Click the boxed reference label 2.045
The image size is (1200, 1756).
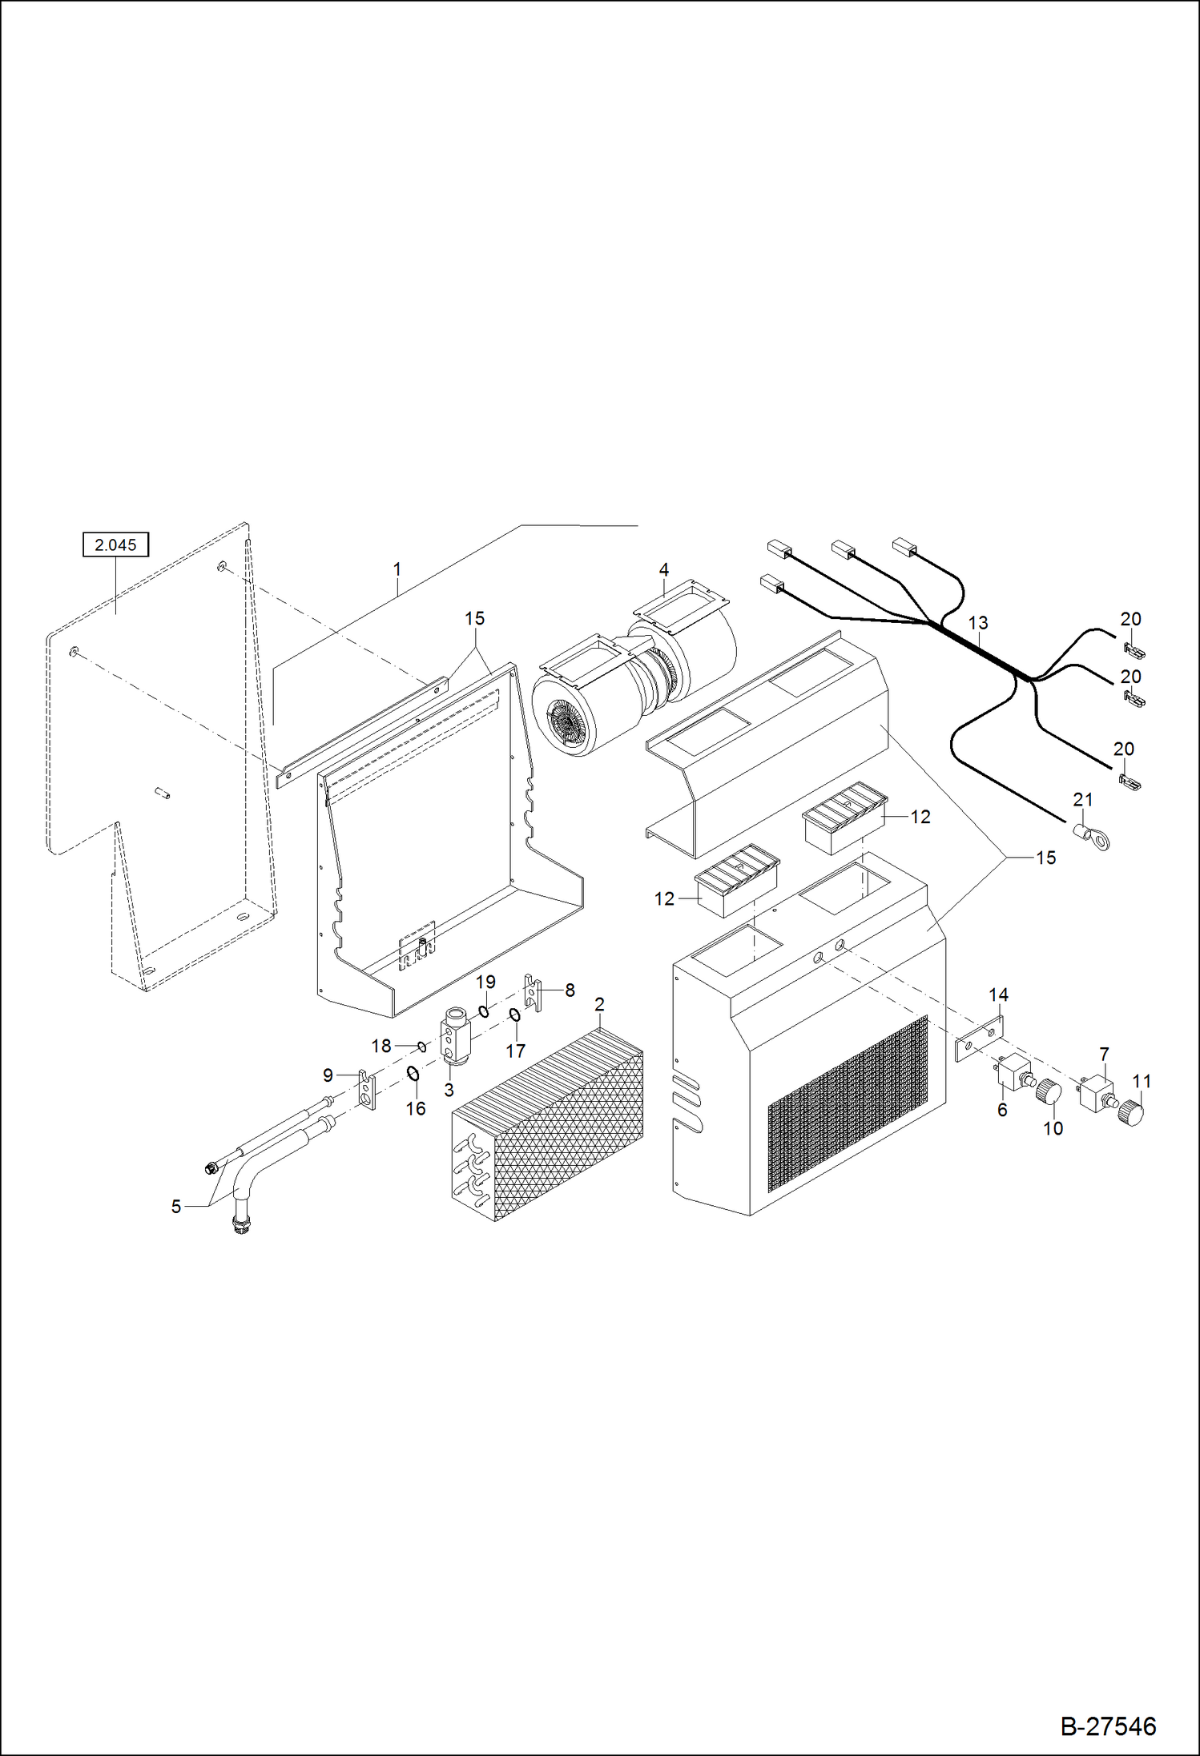pos(115,544)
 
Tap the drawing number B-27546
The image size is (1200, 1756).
pos(1108,1726)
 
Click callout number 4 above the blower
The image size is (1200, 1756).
pos(663,569)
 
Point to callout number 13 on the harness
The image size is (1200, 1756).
pos(978,622)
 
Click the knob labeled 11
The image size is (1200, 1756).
pos(1131,1113)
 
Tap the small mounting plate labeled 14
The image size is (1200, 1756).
pos(979,1039)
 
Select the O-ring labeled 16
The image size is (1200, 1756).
pos(413,1073)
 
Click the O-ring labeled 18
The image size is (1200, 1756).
pos(422,1046)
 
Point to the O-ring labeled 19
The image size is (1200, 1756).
pos(484,1011)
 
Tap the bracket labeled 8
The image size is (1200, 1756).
pos(533,993)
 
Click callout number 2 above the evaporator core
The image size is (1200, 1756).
pos(599,1004)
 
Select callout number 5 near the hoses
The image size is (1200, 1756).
pos(176,1206)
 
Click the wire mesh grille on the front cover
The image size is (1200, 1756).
pos(848,1105)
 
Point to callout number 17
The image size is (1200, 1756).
pos(516,1050)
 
